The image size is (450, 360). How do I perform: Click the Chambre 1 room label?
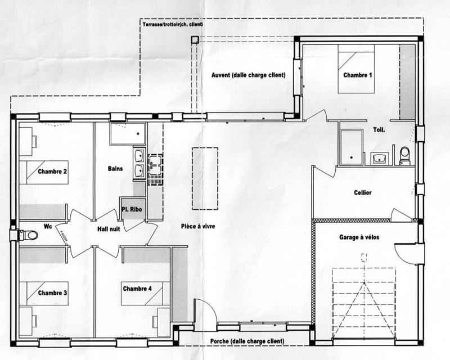point(358,75)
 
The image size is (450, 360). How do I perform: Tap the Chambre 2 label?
point(53,171)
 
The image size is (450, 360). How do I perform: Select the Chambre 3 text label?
point(53,293)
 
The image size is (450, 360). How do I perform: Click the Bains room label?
point(115,168)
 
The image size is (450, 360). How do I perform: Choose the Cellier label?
point(363,192)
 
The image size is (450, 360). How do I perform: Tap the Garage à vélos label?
point(359,237)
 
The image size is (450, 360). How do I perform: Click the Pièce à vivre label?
point(197,226)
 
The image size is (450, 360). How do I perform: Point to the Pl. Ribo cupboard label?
point(133,210)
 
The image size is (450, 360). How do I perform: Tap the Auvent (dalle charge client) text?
point(248,75)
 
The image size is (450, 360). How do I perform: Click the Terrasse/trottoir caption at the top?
point(174,25)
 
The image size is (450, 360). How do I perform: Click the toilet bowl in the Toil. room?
point(404,155)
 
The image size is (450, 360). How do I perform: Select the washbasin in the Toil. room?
point(379,157)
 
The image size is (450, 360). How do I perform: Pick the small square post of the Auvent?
point(194,40)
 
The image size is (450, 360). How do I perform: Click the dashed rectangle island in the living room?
point(204,177)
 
